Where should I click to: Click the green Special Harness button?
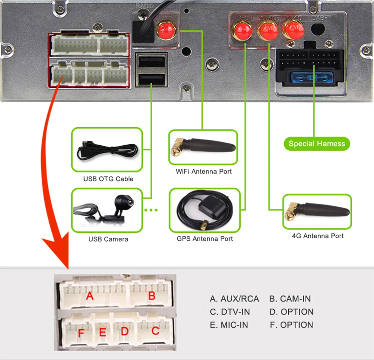pyautogui.click(x=317, y=144)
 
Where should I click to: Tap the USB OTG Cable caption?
pyautogui.click(x=108, y=179)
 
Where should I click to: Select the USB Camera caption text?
pyautogui.click(x=108, y=239)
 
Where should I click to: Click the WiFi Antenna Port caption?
pyautogui.click(x=204, y=171)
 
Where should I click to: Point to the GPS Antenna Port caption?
pyautogui.click(x=205, y=238)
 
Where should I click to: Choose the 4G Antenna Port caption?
pyautogui.click(x=318, y=236)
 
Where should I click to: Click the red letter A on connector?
pyautogui.click(x=90, y=295)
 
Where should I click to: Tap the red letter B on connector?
pyautogui.click(x=151, y=295)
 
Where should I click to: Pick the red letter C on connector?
pyautogui.click(x=155, y=331)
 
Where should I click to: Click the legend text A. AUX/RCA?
pyautogui.click(x=234, y=299)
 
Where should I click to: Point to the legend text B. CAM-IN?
pyautogui.click(x=290, y=299)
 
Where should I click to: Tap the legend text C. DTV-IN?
pyautogui.click(x=230, y=312)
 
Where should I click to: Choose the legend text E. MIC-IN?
pyautogui.click(x=229, y=325)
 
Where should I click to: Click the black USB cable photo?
pyautogui.click(x=107, y=150)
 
